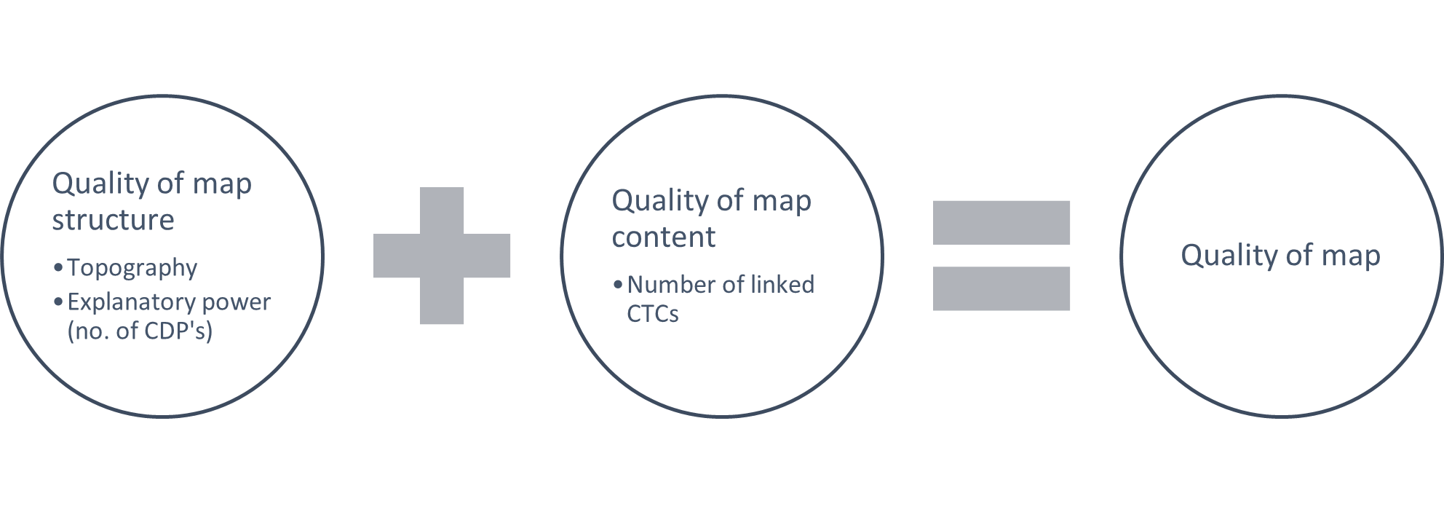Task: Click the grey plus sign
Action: pos(442,256)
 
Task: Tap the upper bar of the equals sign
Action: pos(1001,222)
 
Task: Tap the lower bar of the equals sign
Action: pos(1001,288)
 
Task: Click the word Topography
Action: pos(132,268)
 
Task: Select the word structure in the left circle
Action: pos(113,220)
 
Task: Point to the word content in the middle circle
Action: pos(663,237)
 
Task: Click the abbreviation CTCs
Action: pos(652,314)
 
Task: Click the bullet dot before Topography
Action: pos(58,269)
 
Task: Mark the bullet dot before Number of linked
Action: pos(618,285)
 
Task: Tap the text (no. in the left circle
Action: pos(89,331)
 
